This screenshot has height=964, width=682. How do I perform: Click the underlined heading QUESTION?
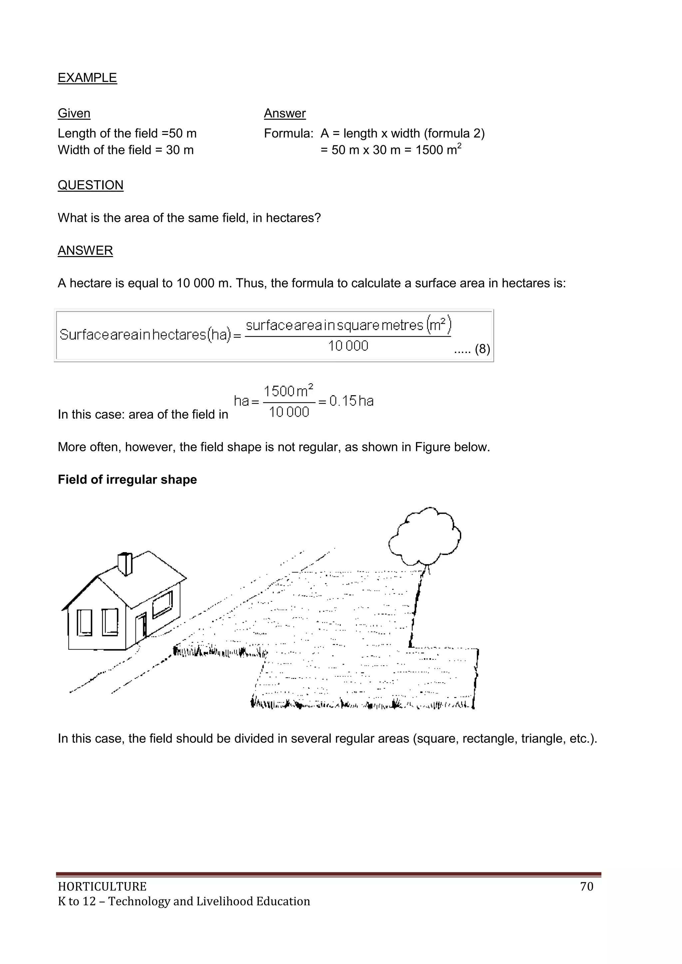pos(90,185)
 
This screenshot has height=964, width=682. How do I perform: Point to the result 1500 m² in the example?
pos(438,150)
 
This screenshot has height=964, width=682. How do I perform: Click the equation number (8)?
pos(482,349)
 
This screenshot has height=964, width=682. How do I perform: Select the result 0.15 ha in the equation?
pos(351,401)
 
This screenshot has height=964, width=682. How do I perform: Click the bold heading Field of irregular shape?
pos(127,480)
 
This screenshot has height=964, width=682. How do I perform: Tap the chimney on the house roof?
pos(125,563)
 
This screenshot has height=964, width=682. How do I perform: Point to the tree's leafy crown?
pos(425,536)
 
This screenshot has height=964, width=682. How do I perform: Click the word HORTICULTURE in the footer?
pos(102,886)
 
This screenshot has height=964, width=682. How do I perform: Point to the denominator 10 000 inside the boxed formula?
pos(348,346)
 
